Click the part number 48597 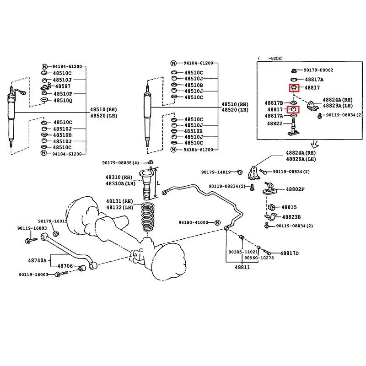[x=63, y=86]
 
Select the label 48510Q [x=63, y=101]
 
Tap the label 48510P [x=63, y=94]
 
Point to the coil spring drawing [x=148, y=217]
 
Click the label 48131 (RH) [x=119, y=201]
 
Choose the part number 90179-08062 [x=318, y=70]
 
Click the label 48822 [x=274, y=124]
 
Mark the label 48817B [x=274, y=103]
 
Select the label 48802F [x=295, y=189]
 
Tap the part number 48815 [x=289, y=207]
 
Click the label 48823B [x=291, y=217]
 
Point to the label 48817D [x=290, y=253]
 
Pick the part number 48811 [x=242, y=267]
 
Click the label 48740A [x=37, y=260]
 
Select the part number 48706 [x=65, y=266]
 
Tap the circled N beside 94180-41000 [x=217, y=223]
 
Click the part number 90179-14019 [x=216, y=172]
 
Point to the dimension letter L [x=158, y=183]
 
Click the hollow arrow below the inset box [x=315, y=144]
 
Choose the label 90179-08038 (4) [x=120, y=163]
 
